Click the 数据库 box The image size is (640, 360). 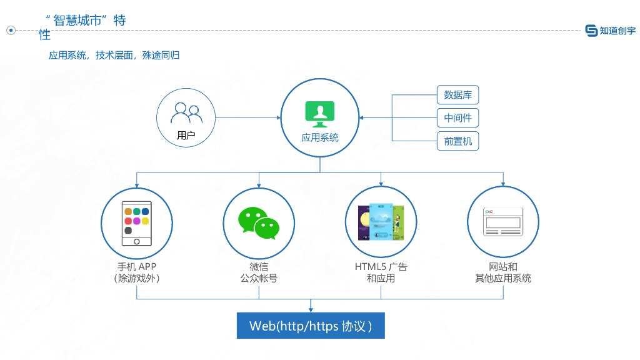(x=457, y=95)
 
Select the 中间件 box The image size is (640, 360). (x=457, y=118)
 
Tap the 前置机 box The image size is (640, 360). (x=457, y=141)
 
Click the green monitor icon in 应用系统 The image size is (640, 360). (x=320, y=113)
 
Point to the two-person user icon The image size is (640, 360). (x=186, y=113)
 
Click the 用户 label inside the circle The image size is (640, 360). (x=186, y=135)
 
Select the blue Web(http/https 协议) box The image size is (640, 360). (x=311, y=326)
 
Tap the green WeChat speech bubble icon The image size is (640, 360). (x=258, y=222)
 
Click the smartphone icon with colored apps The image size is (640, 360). (x=136, y=222)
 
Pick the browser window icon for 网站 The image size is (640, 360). (x=502, y=222)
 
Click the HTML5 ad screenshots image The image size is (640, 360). (x=381, y=222)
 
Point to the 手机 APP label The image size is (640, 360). (x=136, y=267)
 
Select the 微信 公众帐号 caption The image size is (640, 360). (x=258, y=272)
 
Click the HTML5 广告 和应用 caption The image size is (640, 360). (x=381, y=272)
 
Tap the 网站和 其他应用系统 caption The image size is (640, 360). (x=502, y=272)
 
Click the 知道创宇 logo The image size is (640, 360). (x=610, y=31)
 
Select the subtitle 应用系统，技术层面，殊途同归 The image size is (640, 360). (x=114, y=56)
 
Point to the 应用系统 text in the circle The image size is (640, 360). (x=320, y=137)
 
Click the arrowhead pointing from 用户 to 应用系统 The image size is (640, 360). (x=277, y=117)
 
